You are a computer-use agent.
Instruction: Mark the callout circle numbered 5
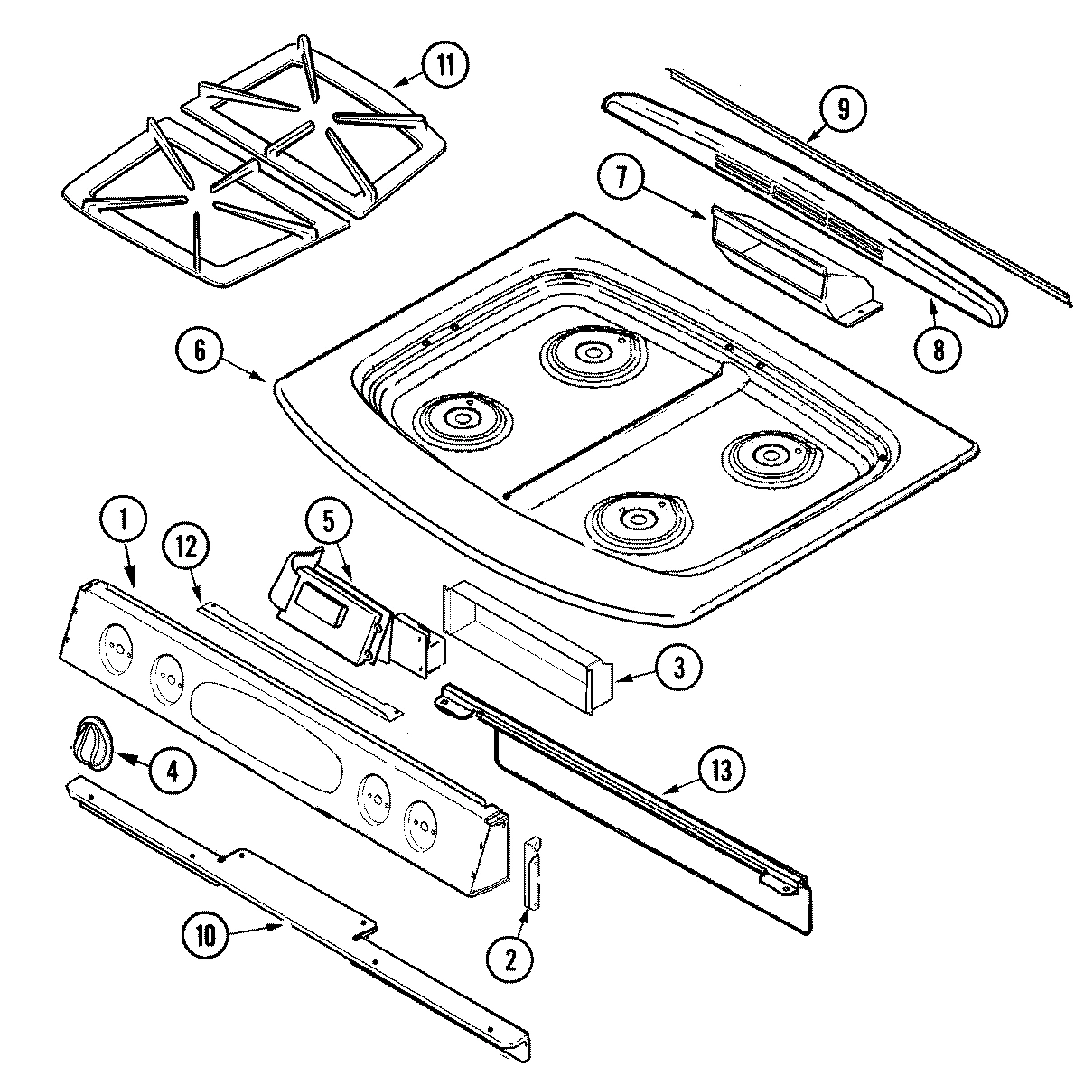327,521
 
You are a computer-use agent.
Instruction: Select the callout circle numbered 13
725,771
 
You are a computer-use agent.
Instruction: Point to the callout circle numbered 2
509,961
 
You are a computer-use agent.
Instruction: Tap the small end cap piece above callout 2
531,872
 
